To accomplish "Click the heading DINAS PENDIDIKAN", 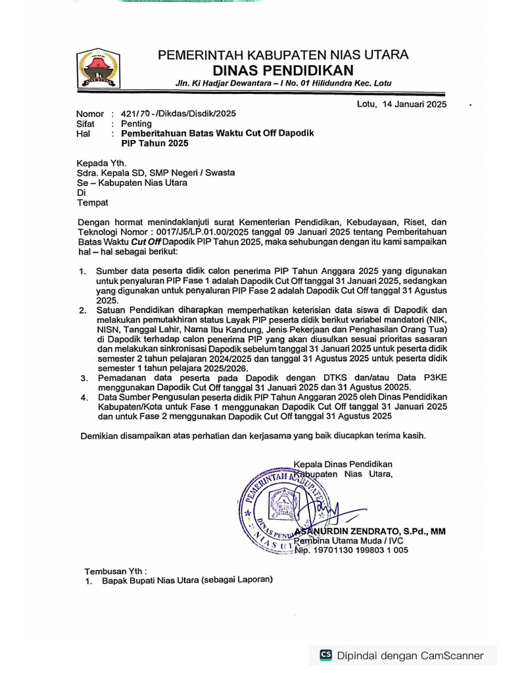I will tap(283, 70).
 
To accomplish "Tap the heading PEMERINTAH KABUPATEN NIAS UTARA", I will tap(283, 55).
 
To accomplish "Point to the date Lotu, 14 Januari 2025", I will tap(402, 104).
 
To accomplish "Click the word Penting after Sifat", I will tap(136, 124).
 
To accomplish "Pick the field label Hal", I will tap(83, 133).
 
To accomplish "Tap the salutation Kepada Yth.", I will tap(101, 163).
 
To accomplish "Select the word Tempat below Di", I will tap(93, 202).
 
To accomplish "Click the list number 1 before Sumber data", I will tap(83, 271).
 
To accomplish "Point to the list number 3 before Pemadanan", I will tap(84, 378).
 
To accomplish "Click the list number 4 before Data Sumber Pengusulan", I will tap(84, 398).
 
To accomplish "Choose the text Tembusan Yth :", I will tap(116, 570).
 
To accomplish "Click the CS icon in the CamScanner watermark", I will tap(325, 655).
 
